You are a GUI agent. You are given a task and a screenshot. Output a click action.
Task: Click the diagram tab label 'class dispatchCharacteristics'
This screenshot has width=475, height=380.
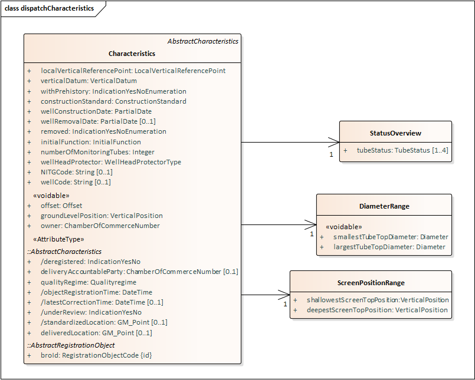point(49,9)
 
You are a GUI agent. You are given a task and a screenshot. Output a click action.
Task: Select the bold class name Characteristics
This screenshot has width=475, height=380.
point(132,54)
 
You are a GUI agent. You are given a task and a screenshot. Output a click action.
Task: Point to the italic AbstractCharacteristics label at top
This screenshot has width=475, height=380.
point(203,41)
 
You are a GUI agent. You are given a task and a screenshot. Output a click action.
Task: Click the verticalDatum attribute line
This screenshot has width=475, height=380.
point(89,81)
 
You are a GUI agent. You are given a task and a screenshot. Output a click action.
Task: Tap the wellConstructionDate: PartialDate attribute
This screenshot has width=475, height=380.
point(96,111)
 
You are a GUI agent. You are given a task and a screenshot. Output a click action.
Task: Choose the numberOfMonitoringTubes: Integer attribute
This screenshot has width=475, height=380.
point(97,152)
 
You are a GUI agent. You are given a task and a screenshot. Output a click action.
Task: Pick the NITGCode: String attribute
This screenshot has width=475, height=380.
point(77,172)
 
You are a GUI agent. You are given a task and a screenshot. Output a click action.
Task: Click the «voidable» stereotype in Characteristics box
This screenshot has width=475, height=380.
point(51,196)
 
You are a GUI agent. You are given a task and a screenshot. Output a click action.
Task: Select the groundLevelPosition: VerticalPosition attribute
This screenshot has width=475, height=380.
point(101,216)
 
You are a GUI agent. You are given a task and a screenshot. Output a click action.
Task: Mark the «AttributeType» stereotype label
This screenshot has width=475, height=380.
point(59,239)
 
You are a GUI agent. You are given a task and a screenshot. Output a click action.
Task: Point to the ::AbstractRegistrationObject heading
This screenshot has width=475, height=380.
point(71,345)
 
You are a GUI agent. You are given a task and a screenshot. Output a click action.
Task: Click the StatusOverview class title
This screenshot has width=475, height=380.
point(395,133)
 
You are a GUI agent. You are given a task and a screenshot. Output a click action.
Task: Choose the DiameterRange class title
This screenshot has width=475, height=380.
point(384,206)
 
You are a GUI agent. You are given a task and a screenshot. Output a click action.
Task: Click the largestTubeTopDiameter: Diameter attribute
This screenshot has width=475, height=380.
point(389,247)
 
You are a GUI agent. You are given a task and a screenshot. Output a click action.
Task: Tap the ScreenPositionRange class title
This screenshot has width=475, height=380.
point(371,283)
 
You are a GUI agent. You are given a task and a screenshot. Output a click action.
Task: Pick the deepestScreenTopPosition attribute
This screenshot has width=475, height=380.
point(377,310)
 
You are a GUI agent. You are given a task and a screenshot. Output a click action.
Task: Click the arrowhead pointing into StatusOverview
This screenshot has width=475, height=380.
point(335,142)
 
